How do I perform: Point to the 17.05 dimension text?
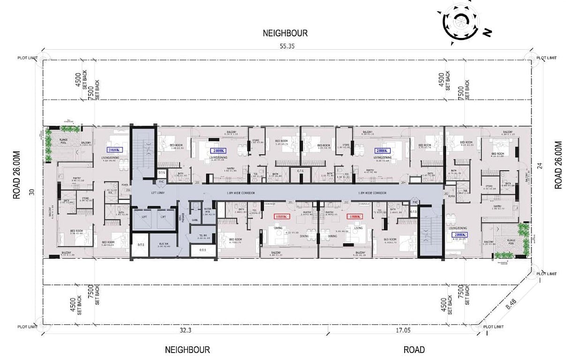point(402,330)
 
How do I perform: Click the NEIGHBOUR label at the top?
point(285,33)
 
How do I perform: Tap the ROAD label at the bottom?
point(414,350)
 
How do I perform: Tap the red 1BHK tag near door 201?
point(283,217)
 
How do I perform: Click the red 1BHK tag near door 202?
point(353,217)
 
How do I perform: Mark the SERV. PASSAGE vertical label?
point(183,217)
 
